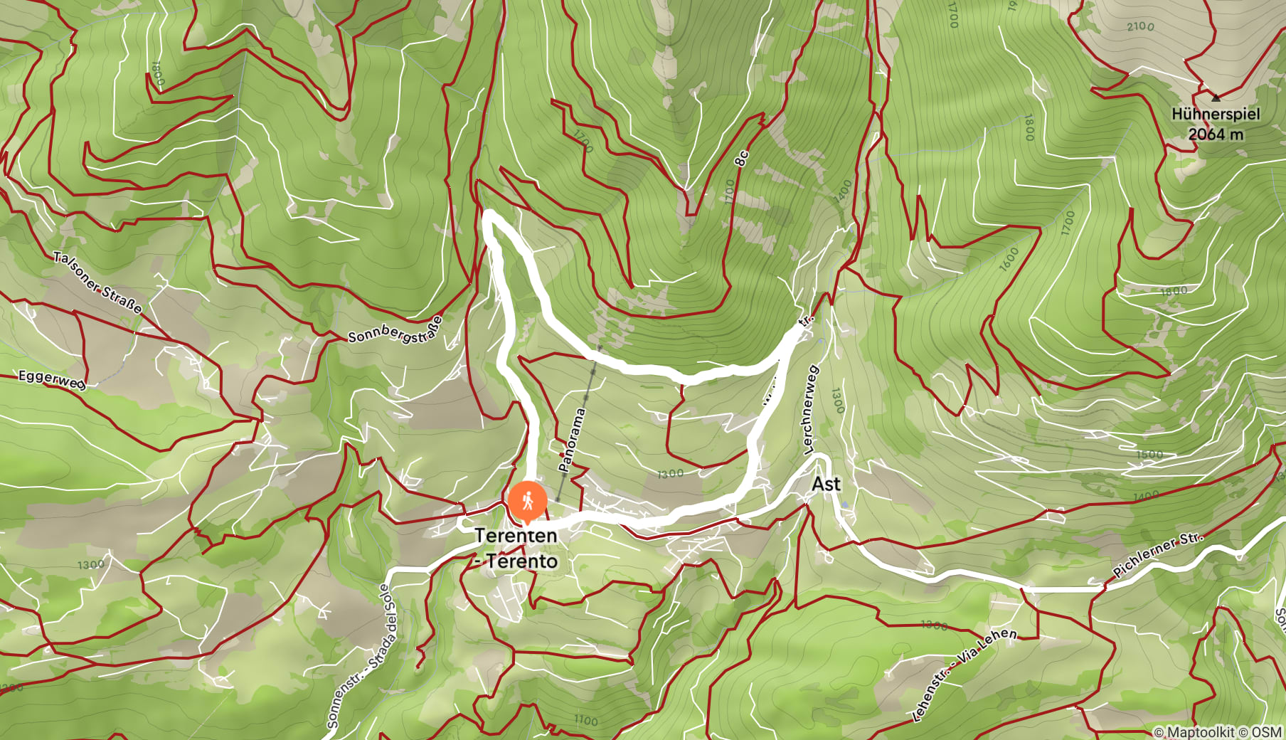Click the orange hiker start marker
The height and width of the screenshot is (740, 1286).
pos(527,502)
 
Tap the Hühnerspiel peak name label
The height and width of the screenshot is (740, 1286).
pos(1215,115)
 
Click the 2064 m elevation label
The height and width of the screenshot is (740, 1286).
pos(1216,134)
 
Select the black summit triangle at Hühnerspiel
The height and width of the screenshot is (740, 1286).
pos(1216,97)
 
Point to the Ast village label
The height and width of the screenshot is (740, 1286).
pos(826,484)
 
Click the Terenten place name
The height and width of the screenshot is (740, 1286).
pos(516,535)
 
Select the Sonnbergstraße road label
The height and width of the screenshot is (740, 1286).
pos(395,329)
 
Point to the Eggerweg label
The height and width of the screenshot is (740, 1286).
pos(51,379)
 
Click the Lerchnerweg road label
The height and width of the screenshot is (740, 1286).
pos(810,410)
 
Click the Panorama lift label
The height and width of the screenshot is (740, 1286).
pos(573,440)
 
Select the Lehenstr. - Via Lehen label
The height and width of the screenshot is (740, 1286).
pos(964,674)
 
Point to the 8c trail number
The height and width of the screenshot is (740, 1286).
pos(742,158)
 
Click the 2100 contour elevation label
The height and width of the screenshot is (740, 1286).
pos(1140,26)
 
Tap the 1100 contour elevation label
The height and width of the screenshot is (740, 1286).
pos(585,720)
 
